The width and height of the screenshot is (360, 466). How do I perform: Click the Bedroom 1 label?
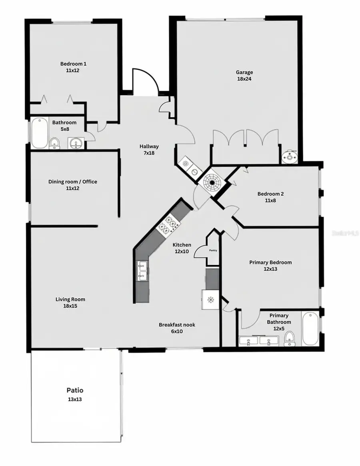point(73,64)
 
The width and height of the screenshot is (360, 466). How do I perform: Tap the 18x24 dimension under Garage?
point(244,79)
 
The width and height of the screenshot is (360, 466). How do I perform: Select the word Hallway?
point(149,146)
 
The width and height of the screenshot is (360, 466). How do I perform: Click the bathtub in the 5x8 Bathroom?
point(39,133)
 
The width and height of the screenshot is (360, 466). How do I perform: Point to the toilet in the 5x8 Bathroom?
point(55,143)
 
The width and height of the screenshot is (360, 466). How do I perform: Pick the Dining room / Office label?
point(73,182)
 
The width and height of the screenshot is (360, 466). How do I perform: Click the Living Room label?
point(70,299)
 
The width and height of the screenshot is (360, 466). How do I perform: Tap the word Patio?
point(75,390)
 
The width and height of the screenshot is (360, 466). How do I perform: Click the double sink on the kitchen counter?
point(142,270)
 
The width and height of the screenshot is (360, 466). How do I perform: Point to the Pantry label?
point(212,251)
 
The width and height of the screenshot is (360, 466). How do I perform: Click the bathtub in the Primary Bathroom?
point(310,328)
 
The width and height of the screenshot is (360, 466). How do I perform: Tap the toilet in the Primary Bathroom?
point(289,339)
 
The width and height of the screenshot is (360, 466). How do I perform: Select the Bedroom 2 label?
point(270,194)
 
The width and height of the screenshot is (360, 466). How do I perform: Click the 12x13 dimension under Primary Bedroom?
point(270,269)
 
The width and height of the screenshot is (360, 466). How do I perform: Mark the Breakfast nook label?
point(177,325)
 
